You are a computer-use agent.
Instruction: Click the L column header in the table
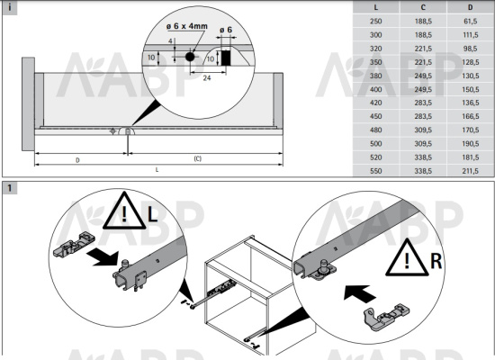pos(375,7)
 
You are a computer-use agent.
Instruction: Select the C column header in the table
pos(423,7)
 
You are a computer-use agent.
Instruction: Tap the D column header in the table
pos(471,7)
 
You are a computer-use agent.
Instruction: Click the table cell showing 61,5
pos(471,22)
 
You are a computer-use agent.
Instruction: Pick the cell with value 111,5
pos(471,35)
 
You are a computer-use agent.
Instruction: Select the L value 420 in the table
pos(375,103)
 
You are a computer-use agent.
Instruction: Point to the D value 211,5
pos(471,171)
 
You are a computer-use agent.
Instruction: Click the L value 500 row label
pos(375,144)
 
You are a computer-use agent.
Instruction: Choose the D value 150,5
pos(471,89)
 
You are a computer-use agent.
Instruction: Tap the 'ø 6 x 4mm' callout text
pos(187,26)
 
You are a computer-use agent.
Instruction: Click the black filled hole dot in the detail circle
pos(190,57)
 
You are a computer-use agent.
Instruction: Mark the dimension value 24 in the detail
pos(207,77)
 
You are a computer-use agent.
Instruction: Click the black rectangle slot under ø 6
pos(225,58)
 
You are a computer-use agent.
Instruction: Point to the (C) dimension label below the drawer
pos(198,158)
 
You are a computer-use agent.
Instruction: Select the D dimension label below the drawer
pos(77,160)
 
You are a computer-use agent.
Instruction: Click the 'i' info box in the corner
pos(10,8)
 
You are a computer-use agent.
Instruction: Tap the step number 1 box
pos(10,188)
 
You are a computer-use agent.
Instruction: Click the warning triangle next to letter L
pos(124,211)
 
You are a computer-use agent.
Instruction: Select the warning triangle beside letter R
pos(407,258)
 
